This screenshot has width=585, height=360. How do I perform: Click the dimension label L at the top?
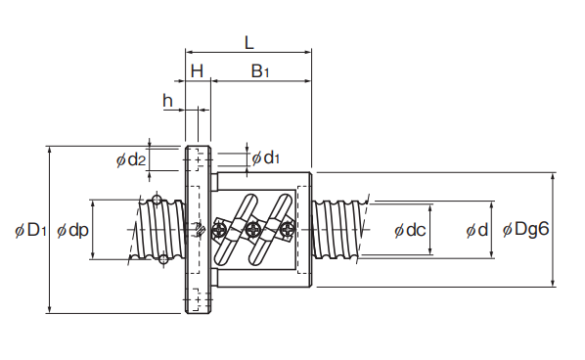pos(248,42)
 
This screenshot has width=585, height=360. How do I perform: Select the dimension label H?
pos(197,70)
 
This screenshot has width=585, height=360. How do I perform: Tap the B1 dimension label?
pos(259,70)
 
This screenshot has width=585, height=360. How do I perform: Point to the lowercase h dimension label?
pos(167,100)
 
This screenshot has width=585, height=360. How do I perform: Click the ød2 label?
pos(130,159)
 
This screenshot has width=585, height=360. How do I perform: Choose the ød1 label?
pos(266,158)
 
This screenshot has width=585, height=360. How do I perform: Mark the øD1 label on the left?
pos(30,230)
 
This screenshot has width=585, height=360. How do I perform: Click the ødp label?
pos(72,231)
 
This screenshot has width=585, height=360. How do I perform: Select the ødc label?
pos(410,230)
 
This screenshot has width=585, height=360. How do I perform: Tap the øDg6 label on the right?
pos(525,229)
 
